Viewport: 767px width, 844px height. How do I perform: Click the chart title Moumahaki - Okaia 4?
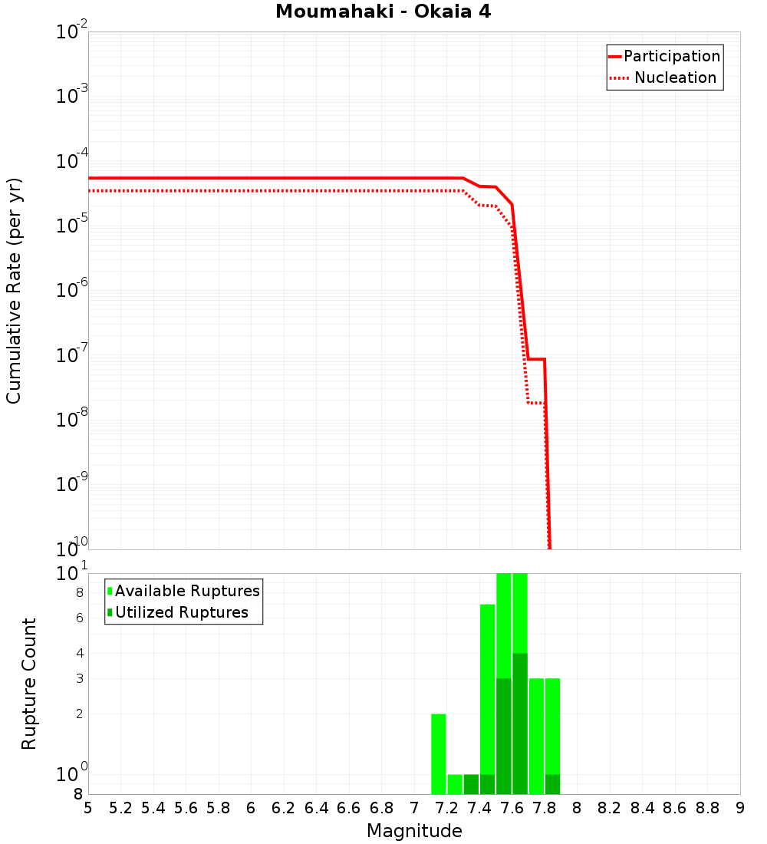click(x=383, y=12)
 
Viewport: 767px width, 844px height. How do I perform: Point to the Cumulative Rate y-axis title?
click(x=14, y=291)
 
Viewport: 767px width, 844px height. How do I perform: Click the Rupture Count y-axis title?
click(x=29, y=684)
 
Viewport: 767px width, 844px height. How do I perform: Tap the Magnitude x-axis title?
click(x=414, y=831)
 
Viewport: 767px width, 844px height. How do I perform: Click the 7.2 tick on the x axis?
click(x=446, y=808)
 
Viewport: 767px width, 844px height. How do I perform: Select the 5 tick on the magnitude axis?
click(x=88, y=808)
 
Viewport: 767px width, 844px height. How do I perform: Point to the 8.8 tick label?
click(x=707, y=808)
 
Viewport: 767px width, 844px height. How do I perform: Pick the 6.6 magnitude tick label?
click(x=348, y=808)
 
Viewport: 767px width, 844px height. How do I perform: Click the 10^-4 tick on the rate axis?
click(x=73, y=162)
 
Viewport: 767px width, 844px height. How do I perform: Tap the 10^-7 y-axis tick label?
click(x=73, y=356)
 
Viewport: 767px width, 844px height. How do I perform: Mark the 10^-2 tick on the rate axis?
click(x=73, y=33)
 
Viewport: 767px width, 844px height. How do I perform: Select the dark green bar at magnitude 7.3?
click(x=471, y=784)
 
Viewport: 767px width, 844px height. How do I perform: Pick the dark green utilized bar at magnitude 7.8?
click(x=552, y=784)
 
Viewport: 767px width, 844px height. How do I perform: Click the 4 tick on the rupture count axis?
click(x=79, y=654)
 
